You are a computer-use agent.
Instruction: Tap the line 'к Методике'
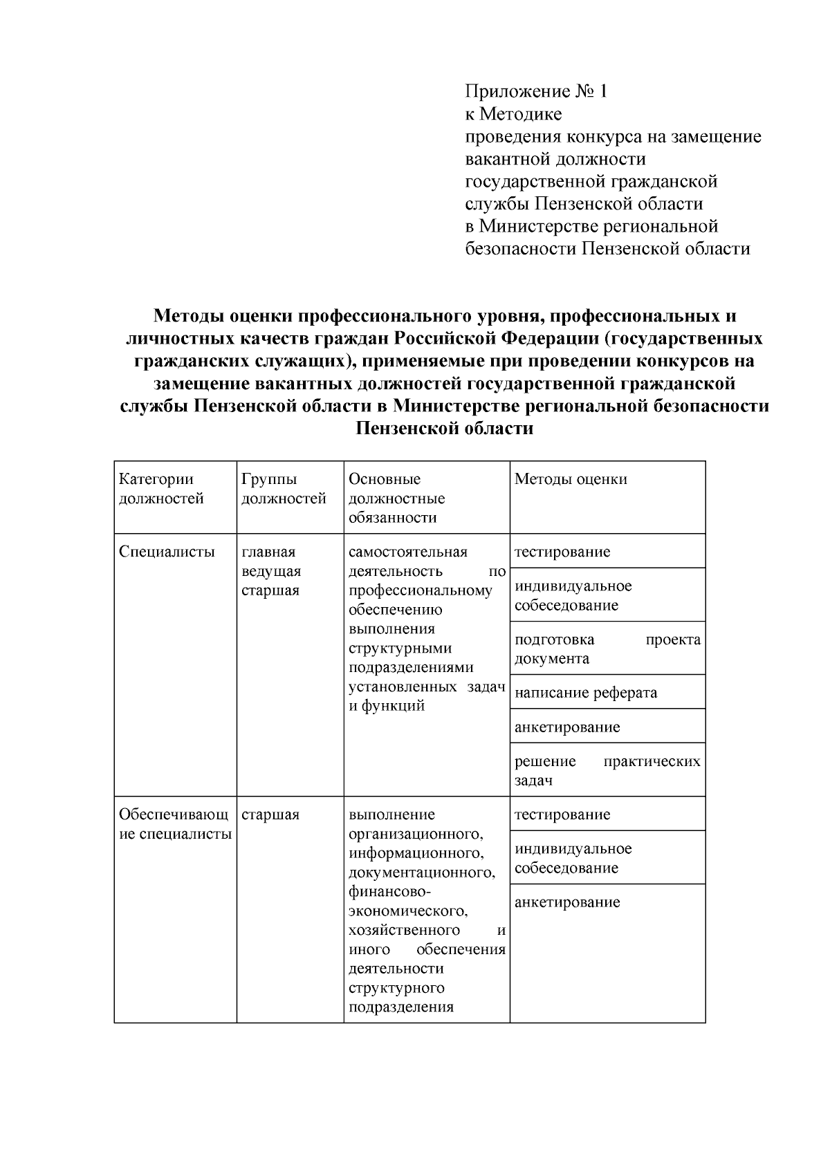513,113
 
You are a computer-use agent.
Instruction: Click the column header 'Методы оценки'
571,479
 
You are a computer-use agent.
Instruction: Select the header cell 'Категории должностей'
162,489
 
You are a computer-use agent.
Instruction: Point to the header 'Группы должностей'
284,489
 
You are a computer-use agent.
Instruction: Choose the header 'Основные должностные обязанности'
396,499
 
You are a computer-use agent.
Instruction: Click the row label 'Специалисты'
167,552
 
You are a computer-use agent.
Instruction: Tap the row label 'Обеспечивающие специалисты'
174,824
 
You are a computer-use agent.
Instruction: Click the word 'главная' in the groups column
268,552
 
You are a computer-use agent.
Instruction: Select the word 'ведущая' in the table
271,571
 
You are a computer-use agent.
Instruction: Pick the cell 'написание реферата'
586,693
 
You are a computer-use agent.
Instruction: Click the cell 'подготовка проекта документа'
607,649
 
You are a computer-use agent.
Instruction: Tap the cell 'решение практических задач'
607,771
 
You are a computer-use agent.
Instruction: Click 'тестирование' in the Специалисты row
562,552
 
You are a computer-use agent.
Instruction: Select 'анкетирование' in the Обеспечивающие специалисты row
567,902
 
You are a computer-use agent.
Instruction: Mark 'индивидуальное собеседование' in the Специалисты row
573,595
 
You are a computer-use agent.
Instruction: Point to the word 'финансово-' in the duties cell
382,891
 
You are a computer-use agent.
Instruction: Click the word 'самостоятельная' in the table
408,552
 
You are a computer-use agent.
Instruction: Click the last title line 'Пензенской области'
444,429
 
